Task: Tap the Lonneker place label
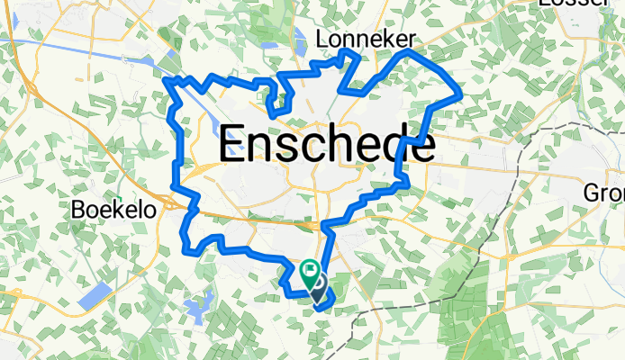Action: tap(365, 39)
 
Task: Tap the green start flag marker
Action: tap(309, 268)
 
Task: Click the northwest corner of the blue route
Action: tap(168, 82)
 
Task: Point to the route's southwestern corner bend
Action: tap(186, 244)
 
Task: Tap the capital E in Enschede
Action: tap(232, 145)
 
